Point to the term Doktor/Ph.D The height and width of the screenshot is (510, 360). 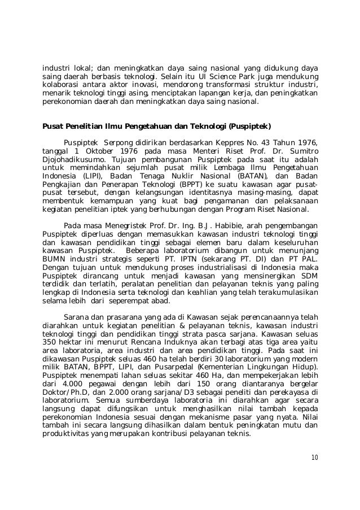68,396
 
